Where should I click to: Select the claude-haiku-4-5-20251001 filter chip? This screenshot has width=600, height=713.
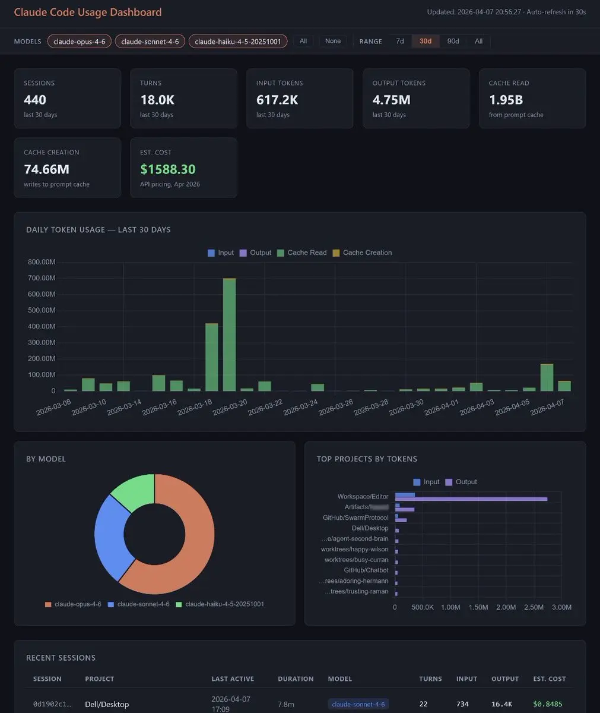pos(238,41)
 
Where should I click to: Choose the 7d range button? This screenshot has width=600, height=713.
pos(400,41)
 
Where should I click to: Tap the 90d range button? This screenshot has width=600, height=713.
pos(453,41)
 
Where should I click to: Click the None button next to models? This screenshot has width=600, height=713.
pos(333,41)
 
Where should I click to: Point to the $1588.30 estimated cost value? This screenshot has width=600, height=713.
pos(168,169)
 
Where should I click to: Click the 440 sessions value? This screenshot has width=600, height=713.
pos(35,100)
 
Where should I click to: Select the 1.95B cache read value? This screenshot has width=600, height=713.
pos(506,100)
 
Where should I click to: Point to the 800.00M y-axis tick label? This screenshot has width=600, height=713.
pos(42,262)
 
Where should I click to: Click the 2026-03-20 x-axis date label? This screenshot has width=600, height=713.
pos(230,408)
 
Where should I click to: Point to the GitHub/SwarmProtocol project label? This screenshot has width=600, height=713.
pos(355,518)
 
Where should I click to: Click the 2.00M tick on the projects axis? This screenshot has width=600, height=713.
pos(506,607)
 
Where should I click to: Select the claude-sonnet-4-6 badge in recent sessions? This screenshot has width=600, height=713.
pos(358,705)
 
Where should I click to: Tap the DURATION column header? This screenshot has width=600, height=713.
pos(296,679)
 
